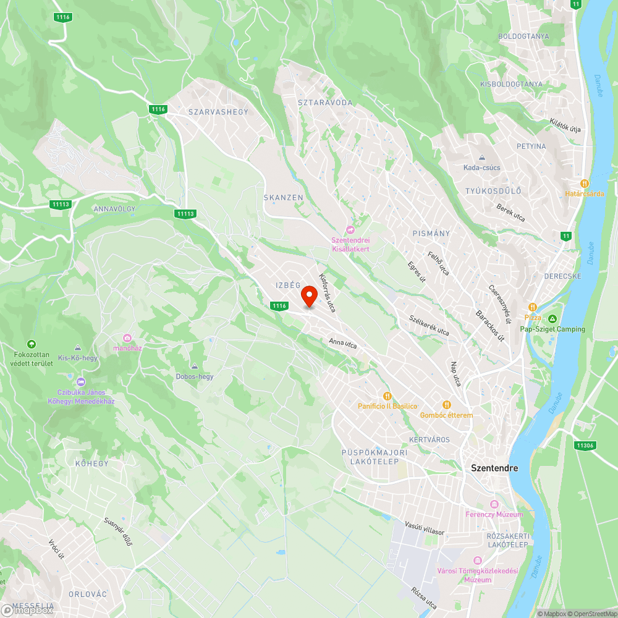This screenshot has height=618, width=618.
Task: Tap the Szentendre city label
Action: click(x=494, y=468)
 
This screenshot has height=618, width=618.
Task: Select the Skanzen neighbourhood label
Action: click(x=283, y=197)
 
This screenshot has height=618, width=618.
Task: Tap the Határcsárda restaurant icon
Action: click(x=584, y=184)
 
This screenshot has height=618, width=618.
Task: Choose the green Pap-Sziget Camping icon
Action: click(x=552, y=318)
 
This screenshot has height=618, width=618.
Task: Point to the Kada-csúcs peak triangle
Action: click(x=481, y=158)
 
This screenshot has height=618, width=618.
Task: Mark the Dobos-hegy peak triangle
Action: click(x=195, y=366)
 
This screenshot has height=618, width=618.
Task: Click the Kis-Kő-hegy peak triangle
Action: click(x=77, y=348)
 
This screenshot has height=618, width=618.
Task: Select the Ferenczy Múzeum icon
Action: click(x=494, y=504)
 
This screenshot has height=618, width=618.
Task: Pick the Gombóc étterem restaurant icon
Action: click(x=446, y=405)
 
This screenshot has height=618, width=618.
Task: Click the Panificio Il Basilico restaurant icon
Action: click(x=387, y=396)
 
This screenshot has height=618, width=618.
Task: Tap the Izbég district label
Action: click(x=288, y=285)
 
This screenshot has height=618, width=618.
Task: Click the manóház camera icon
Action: click(x=127, y=337)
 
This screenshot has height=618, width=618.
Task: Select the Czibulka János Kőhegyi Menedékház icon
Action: click(x=81, y=381)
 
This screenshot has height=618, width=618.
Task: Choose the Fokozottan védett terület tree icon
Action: click(x=31, y=344)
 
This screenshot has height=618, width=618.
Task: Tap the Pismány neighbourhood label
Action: click(x=431, y=233)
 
